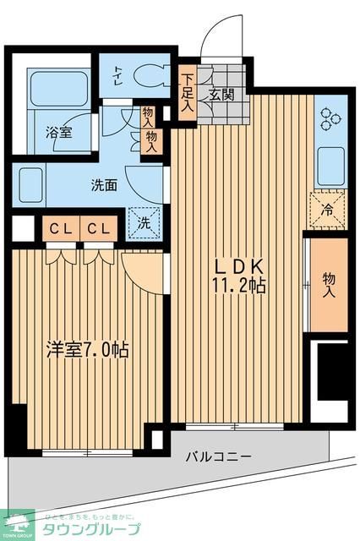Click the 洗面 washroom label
point(104,186)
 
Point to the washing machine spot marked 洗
point(144,224)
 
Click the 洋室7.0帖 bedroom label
point(88,349)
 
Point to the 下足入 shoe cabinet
point(187,94)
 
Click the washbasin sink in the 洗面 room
point(31,182)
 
